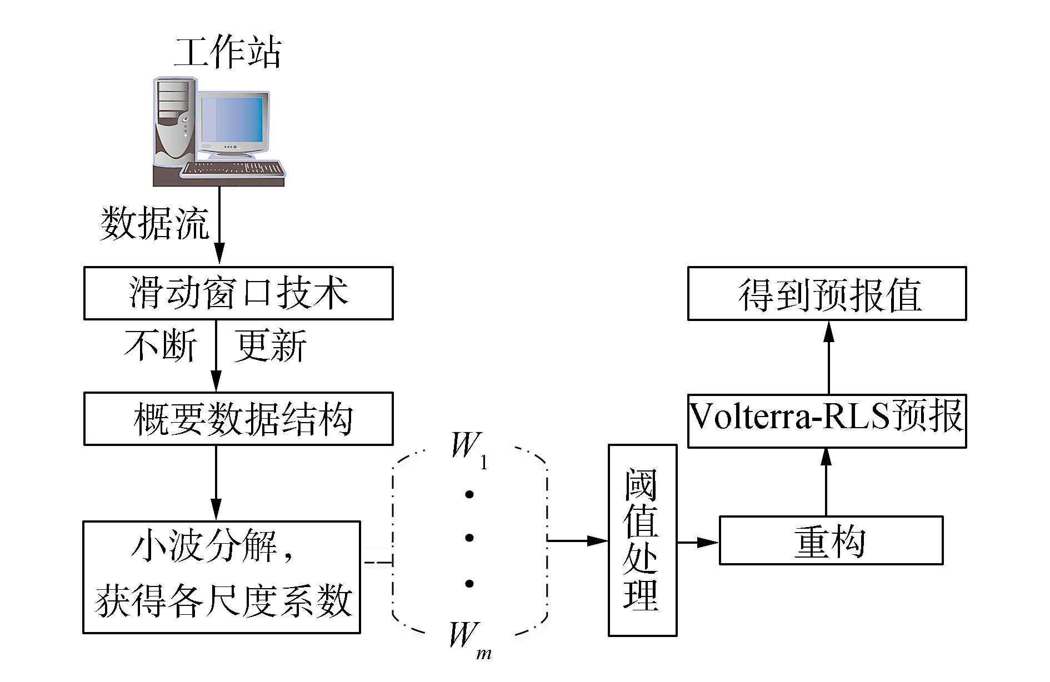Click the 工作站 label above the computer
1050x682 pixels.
point(227,52)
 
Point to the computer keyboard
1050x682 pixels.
point(233,168)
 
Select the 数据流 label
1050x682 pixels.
point(154,223)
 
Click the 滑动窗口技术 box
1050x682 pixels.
point(238,293)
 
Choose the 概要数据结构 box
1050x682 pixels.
point(238,419)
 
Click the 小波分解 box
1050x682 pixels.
point(222,577)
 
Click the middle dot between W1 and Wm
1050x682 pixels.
point(469,538)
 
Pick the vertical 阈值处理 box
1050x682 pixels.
point(643,540)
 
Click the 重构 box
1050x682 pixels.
point(831,540)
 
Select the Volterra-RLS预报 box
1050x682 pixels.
point(827,420)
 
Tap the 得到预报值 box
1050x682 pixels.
point(827,293)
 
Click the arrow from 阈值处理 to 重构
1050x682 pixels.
point(698,542)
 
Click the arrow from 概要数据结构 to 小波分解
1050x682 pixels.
point(216,483)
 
